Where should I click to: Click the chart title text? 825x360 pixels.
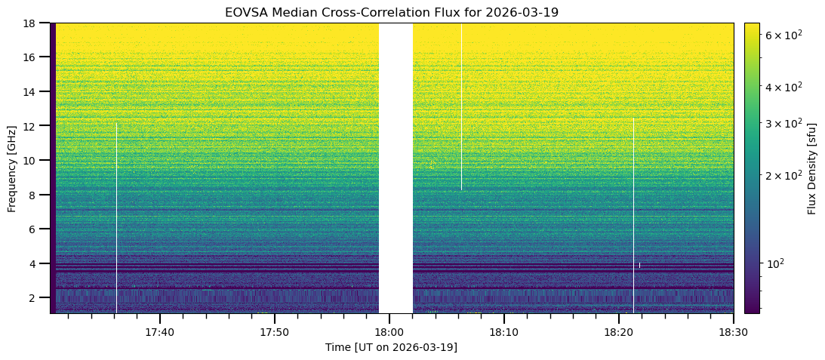392,13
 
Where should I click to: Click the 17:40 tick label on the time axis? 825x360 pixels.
160,332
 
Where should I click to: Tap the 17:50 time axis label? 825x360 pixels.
275,332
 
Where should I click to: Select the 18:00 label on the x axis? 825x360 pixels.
389,332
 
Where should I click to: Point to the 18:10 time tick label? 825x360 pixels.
504,332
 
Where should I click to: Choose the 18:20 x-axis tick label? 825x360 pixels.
619,332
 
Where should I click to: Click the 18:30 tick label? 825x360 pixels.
733,332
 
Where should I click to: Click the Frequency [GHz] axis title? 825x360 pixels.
12,168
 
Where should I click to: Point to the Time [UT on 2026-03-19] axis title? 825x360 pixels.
391,347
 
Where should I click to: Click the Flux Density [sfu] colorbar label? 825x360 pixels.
812,168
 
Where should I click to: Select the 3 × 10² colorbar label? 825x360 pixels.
782,123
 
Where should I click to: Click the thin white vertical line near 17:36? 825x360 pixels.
116,219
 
